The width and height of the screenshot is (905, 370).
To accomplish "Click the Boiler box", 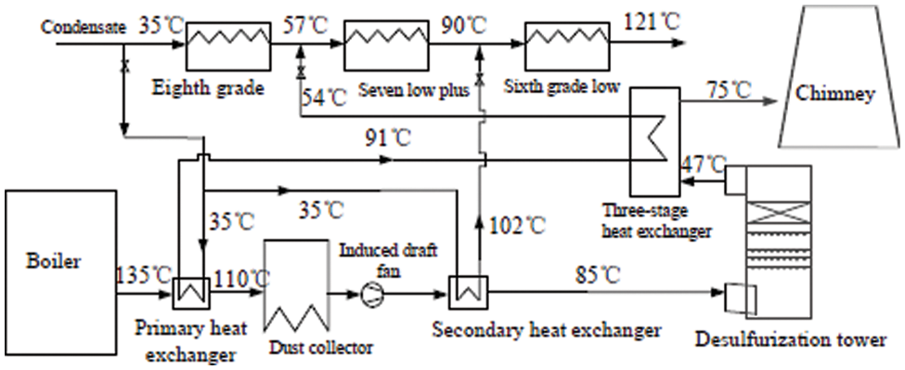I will [60, 262].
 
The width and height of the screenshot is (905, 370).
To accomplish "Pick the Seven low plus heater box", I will [383, 43].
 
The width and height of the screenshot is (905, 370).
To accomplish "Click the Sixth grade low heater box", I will [564, 43].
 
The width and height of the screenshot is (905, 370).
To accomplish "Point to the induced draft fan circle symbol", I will [369, 294].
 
